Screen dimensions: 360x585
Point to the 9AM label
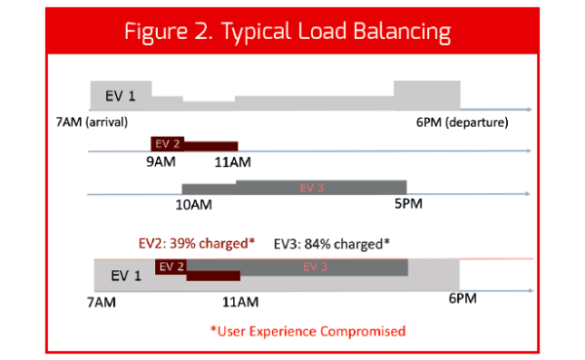(x=161, y=162)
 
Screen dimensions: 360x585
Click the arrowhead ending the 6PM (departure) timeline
(x=527, y=109)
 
